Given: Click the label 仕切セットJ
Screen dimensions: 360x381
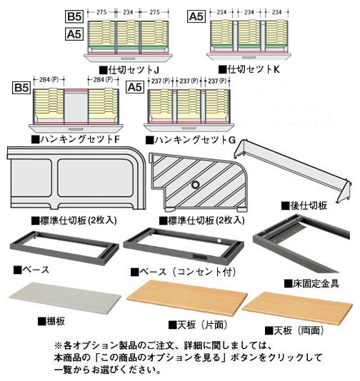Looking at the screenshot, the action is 129,70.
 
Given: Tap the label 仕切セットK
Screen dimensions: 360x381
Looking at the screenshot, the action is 249,69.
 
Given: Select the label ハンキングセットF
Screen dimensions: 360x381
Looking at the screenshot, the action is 76,139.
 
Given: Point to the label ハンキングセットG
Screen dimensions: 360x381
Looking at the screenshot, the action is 191,140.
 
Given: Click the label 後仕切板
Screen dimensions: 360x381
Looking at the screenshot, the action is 304,205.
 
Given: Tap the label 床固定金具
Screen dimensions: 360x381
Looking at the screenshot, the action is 312,283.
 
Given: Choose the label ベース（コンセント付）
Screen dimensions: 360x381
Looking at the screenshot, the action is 184,272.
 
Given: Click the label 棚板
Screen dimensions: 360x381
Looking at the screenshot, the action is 51,321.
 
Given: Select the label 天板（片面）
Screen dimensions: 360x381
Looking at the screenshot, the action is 198,325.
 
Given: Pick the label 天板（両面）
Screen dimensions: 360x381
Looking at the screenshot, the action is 294,330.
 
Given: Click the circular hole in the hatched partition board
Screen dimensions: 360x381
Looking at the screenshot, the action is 195,185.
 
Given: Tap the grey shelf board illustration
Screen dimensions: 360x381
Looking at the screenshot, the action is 65,298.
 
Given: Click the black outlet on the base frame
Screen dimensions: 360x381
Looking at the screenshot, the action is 200,258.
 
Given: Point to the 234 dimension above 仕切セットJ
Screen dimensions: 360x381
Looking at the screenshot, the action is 128,12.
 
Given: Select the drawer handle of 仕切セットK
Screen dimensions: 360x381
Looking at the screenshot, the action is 249,57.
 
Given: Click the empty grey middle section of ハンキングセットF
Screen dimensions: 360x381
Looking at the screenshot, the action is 76,106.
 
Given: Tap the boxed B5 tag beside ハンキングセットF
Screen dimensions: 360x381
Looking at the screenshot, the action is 21,88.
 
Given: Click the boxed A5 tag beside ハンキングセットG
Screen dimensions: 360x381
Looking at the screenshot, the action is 135,87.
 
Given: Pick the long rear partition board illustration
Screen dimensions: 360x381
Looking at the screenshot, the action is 293,171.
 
